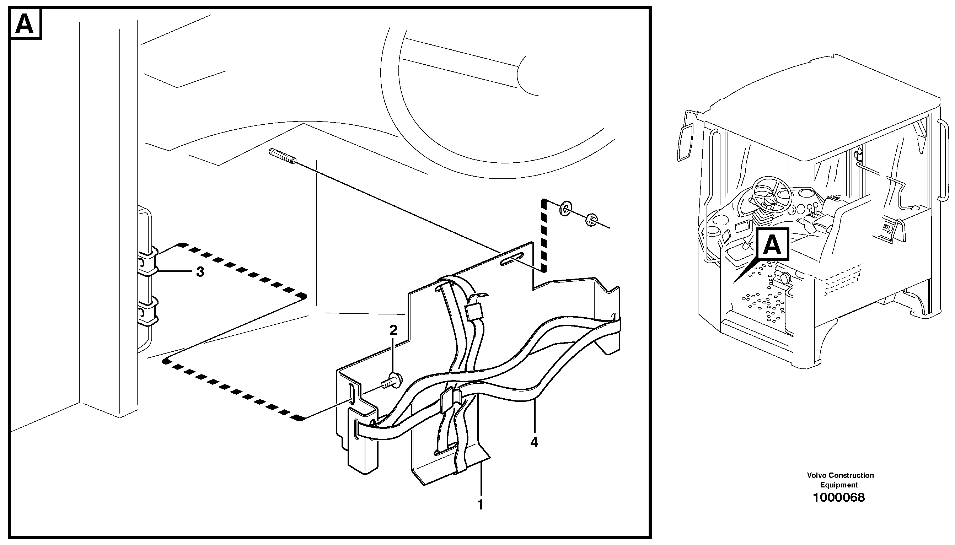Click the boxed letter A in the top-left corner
point(25,24)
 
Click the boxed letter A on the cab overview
point(772,245)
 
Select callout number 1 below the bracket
point(481,504)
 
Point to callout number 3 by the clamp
point(200,272)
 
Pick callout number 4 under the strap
point(534,442)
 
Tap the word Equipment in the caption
point(838,485)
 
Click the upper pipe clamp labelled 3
point(147,260)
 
